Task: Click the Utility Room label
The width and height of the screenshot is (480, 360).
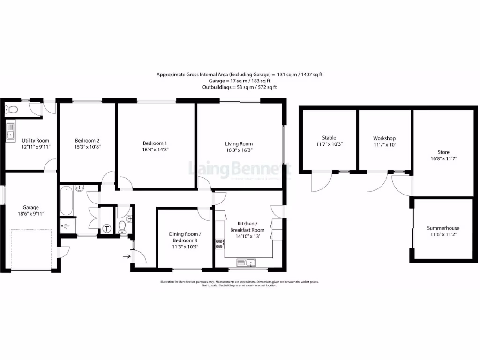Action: point(36,141)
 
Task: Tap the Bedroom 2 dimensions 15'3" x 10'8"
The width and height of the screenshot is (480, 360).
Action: point(87,147)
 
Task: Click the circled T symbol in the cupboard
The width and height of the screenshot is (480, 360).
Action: point(107,229)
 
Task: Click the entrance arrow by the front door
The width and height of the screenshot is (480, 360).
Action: point(126,256)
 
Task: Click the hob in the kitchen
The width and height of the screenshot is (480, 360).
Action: point(219,244)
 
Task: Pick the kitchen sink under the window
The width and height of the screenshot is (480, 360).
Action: point(247,263)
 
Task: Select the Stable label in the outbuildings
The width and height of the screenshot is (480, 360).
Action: point(329,138)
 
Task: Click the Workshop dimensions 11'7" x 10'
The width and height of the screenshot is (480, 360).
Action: point(384,145)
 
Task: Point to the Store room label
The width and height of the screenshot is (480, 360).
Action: point(443,152)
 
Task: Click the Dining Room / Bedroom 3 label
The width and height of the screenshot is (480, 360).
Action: point(185,237)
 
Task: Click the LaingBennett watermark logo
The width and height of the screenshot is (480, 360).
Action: point(239,169)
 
